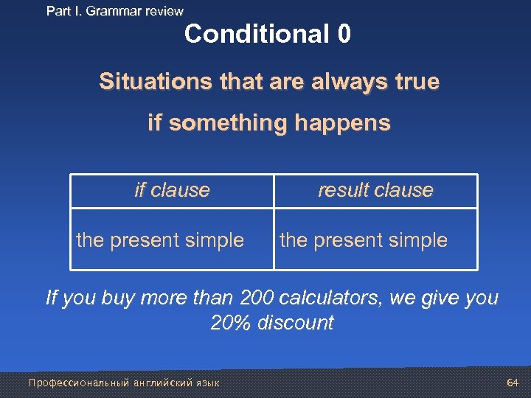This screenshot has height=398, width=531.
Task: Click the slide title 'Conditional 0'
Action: pyautogui.click(x=268, y=34)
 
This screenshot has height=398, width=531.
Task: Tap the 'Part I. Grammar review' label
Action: pyautogui.click(x=114, y=11)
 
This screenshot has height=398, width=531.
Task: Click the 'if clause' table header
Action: pyautogui.click(x=172, y=190)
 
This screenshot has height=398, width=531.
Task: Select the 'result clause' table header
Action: pyautogui.click(x=375, y=190)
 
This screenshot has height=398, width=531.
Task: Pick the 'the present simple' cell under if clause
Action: pyautogui.click(x=160, y=240)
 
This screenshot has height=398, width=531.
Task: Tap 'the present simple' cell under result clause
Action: pyautogui.click(x=364, y=240)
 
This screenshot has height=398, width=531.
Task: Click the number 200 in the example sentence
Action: pyautogui.click(x=257, y=298)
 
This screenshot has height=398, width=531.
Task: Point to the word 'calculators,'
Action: pyautogui.click(x=334, y=298)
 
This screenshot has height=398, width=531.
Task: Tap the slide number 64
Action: pyautogui.click(x=513, y=382)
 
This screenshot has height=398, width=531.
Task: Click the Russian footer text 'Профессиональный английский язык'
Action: pyautogui.click(x=123, y=383)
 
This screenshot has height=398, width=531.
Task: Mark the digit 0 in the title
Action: pyautogui.click(x=344, y=34)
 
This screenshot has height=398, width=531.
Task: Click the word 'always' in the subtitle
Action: pyautogui.click(x=343, y=82)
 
